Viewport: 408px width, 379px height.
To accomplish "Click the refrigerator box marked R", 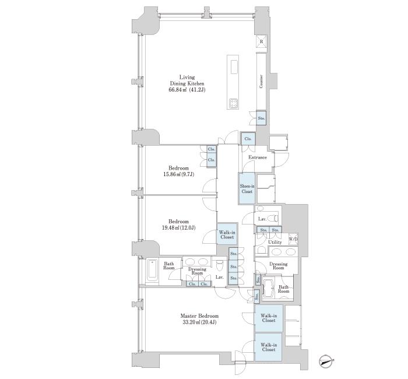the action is tap(262, 41).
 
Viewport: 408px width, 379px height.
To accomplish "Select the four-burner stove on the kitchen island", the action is tap(233, 104).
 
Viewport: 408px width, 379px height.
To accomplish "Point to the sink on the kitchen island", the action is tap(233, 67).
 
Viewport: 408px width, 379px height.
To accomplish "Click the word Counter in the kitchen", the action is tap(261, 82).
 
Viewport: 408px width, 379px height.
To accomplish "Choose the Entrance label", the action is tap(258, 157).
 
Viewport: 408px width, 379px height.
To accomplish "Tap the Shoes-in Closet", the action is tap(247, 188).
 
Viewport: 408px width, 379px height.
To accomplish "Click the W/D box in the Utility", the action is tap(293, 239).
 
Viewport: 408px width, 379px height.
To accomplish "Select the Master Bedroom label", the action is tap(199, 316).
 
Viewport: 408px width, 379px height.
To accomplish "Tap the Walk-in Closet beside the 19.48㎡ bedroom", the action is tap(227, 234).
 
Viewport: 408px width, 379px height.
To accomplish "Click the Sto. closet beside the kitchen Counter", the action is tap(261, 118).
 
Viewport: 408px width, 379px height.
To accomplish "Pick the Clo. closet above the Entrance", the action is tap(248, 139).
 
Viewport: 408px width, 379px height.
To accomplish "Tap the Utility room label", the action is tap(275, 242).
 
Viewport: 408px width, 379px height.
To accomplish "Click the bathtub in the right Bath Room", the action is tap(268, 288).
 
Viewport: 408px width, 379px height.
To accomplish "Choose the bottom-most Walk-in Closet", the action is tap(268, 347).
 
